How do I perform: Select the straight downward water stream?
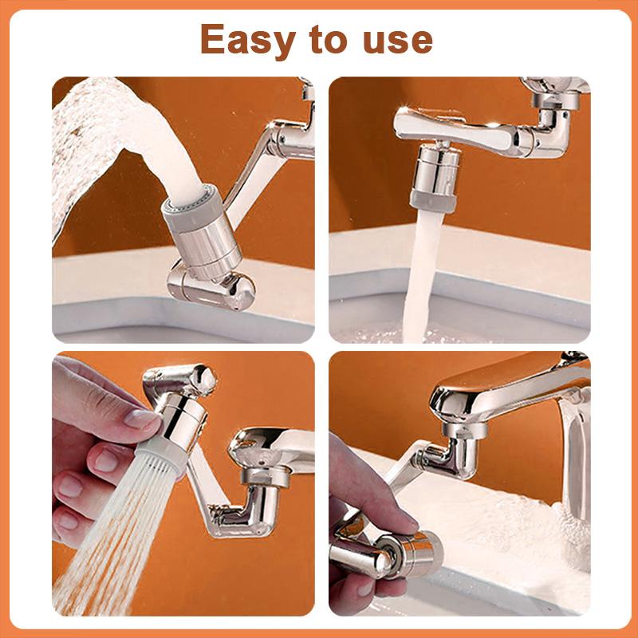click(423, 271)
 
